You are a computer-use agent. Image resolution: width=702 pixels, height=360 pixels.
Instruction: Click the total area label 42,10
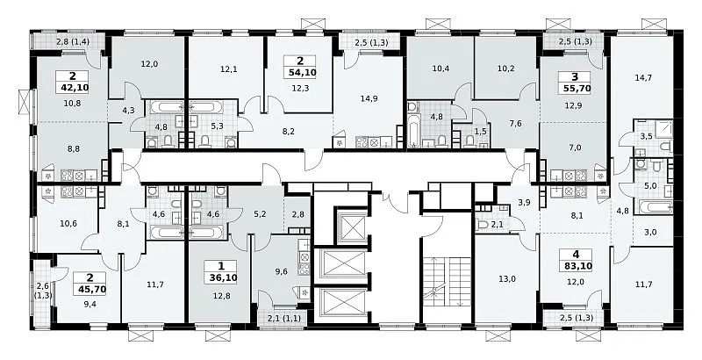[x=73, y=87]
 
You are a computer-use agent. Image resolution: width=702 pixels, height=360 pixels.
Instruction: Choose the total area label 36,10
[x=221, y=277]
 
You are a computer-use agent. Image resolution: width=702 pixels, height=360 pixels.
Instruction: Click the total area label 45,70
[x=90, y=289]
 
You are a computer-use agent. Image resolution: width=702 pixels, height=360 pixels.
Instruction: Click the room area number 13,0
[x=506, y=279]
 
